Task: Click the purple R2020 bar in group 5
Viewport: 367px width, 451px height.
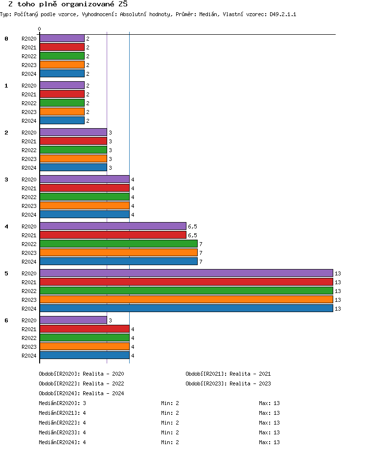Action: click(x=186, y=273)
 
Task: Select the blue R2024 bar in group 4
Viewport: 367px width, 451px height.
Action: click(x=118, y=261)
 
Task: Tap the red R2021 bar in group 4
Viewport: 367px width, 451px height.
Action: click(x=113, y=235)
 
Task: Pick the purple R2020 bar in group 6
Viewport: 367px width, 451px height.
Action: click(x=73, y=320)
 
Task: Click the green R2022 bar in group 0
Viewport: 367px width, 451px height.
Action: click(x=62, y=56)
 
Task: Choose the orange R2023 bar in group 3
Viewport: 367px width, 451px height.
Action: click(x=84, y=205)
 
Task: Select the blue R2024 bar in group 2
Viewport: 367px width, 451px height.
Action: click(x=73, y=167)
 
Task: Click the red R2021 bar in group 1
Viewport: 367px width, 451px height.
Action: click(x=62, y=94)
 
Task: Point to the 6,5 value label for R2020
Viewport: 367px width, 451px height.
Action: click(x=192, y=226)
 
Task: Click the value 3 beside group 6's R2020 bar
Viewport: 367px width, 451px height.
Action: click(x=111, y=320)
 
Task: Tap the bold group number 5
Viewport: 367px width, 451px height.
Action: click(x=6, y=273)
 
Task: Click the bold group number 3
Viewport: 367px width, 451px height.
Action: click(x=6, y=180)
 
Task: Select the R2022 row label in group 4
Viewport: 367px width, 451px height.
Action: click(x=29, y=244)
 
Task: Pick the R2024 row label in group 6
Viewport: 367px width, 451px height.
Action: click(x=29, y=356)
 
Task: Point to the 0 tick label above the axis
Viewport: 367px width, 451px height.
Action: click(x=39, y=29)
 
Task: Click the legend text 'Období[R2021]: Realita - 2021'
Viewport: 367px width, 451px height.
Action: click(x=228, y=374)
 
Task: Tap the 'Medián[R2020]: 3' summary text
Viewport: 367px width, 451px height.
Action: click(x=62, y=403)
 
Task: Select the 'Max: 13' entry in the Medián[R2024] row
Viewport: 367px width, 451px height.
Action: click(x=269, y=442)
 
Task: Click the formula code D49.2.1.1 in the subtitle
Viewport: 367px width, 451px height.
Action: click(x=283, y=15)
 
